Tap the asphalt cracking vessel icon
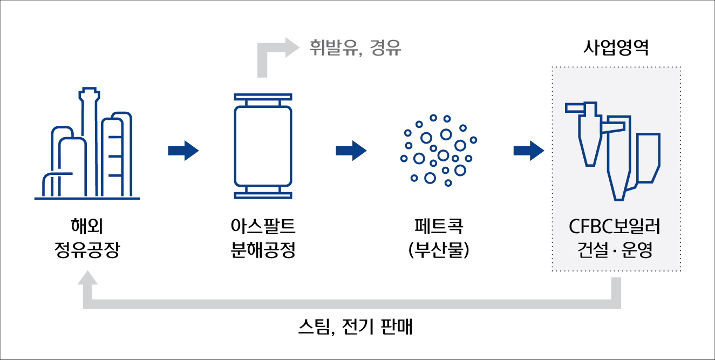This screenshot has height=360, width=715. click(263, 146)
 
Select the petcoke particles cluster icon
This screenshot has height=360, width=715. click(439, 150)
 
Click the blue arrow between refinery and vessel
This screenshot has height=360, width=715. click(183, 151)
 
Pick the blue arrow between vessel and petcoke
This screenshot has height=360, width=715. click(351, 151)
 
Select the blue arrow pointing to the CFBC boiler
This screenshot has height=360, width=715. click(529, 151)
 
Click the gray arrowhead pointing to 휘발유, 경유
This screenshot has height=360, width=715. click(292, 47)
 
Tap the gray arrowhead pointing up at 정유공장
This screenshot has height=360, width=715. click(87, 277)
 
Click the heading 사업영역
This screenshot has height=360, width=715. click(616, 48)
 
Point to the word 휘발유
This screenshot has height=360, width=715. click(333, 48)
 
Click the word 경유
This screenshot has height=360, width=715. click(385, 48)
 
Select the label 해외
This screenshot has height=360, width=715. click(87, 226)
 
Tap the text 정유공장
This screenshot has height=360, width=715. click(87, 249)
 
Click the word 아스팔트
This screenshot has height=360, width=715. click(263, 226)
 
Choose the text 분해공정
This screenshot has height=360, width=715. click(263, 249)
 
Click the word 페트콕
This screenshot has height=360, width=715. click(439, 226)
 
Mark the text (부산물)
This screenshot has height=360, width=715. click(439, 249)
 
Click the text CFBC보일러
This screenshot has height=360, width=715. click(615, 227)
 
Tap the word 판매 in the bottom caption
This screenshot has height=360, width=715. click(397, 327)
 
